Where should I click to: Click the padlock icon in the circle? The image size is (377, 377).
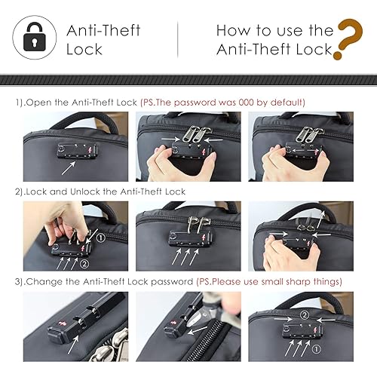point(35,37)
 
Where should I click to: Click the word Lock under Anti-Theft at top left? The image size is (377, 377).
point(84,49)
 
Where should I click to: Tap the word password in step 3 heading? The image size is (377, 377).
point(172,282)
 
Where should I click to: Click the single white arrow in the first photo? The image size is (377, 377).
point(69,168)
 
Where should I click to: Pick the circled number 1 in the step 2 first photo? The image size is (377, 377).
point(101,238)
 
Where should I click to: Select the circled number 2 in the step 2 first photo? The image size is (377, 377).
point(84,264)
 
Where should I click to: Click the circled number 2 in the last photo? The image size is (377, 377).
point(305,315)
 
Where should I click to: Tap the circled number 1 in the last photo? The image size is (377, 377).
point(317,349)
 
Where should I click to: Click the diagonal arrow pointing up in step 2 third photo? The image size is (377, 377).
point(320,219)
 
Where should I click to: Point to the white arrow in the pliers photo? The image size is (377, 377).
point(198,330)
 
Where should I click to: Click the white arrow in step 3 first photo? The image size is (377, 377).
point(73,345)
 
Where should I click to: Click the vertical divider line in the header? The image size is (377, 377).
point(178,39)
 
